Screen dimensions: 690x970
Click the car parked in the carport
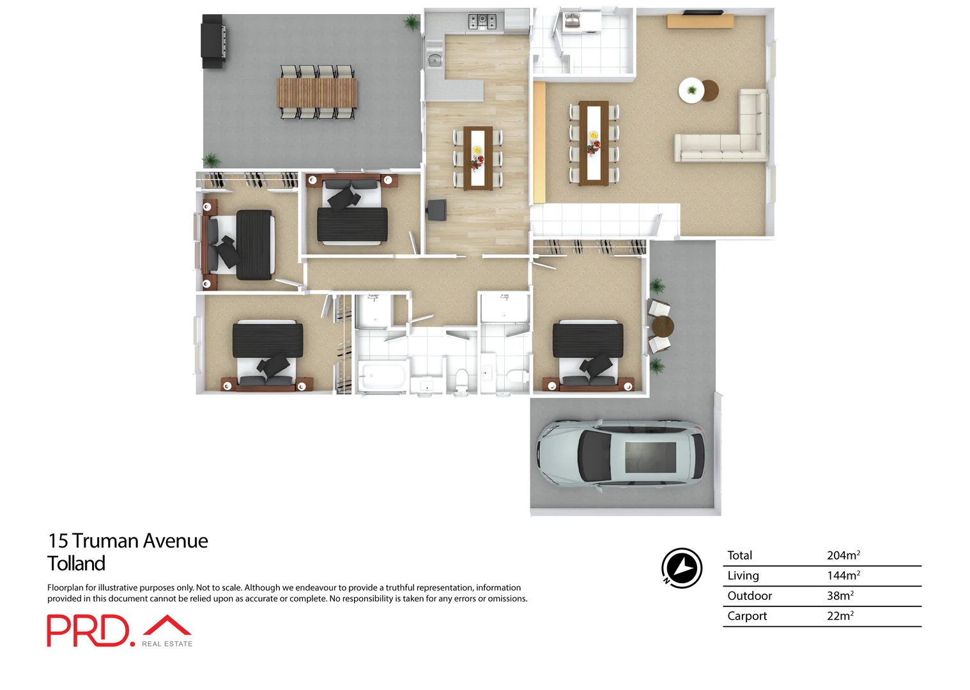click(620, 456)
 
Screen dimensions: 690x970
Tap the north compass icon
click(681, 567)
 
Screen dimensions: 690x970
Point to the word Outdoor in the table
click(749, 595)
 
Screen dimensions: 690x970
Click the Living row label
click(743, 576)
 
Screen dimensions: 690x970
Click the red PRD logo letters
click(88, 631)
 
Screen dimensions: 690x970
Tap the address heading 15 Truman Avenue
click(128, 541)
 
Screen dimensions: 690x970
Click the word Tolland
click(76, 563)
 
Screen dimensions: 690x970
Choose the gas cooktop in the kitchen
click(482, 22)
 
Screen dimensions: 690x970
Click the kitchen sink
click(435, 60)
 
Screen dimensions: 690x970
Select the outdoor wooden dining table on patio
click(317, 93)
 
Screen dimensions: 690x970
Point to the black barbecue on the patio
click(213, 41)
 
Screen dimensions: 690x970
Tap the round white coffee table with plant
click(691, 90)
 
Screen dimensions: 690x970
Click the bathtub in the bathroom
click(382, 375)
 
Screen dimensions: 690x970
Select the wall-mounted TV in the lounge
click(703, 12)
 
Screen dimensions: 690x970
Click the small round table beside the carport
click(663, 326)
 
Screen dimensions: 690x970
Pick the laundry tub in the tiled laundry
click(572, 21)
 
